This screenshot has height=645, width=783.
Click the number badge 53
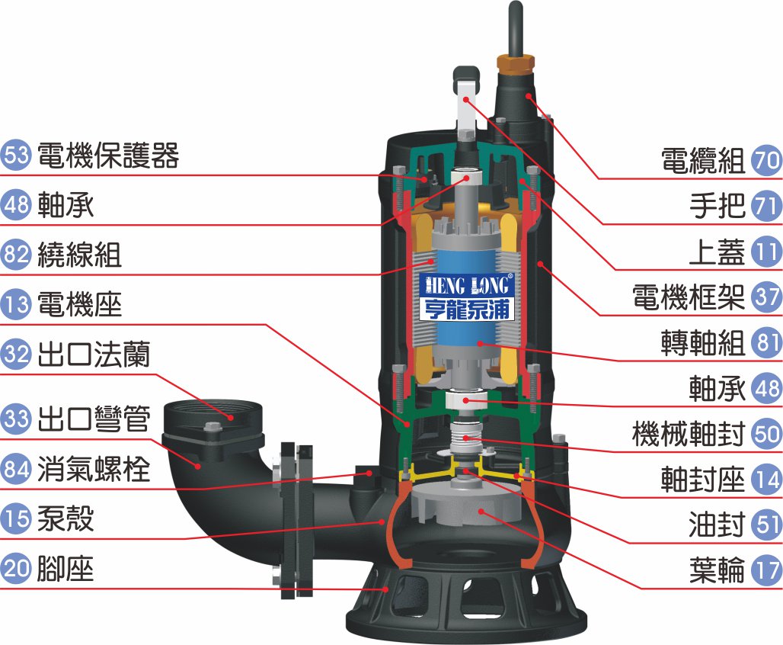click(x=15, y=155)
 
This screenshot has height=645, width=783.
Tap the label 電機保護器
click(x=108, y=155)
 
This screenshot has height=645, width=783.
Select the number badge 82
click(x=15, y=254)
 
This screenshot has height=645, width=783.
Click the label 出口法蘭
click(x=94, y=354)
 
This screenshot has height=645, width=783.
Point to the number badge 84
click(x=15, y=468)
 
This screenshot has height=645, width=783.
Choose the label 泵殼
click(x=66, y=518)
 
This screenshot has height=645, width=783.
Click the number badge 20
click(x=15, y=569)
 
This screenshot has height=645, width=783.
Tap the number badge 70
click(x=767, y=161)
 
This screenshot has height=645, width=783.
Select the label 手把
click(x=717, y=206)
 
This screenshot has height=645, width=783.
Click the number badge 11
click(x=767, y=252)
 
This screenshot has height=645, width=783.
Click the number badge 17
click(x=767, y=570)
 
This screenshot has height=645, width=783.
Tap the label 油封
click(x=717, y=525)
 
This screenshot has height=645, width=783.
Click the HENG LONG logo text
click(x=467, y=285)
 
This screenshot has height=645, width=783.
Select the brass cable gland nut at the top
click(x=516, y=63)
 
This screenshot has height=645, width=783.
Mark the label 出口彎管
click(x=94, y=419)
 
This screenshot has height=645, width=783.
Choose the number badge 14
click(x=767, y=479)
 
